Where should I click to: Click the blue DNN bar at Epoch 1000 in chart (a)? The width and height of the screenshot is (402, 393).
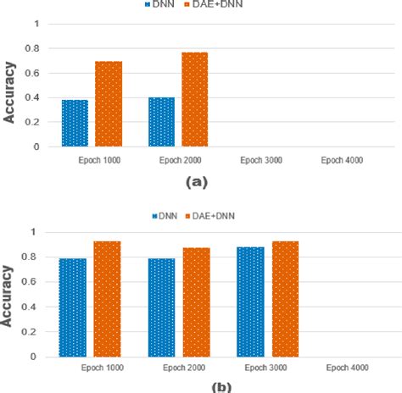75,123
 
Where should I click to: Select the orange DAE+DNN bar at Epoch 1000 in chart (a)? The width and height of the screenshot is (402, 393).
108,103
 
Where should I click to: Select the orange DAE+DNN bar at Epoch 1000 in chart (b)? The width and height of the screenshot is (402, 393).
107,299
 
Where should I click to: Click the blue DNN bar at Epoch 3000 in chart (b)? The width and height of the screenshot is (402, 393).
249,302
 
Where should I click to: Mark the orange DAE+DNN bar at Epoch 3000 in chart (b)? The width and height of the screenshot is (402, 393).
283,299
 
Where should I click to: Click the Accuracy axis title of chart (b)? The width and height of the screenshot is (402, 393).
9,296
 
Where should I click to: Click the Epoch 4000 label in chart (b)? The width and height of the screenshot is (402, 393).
349,368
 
